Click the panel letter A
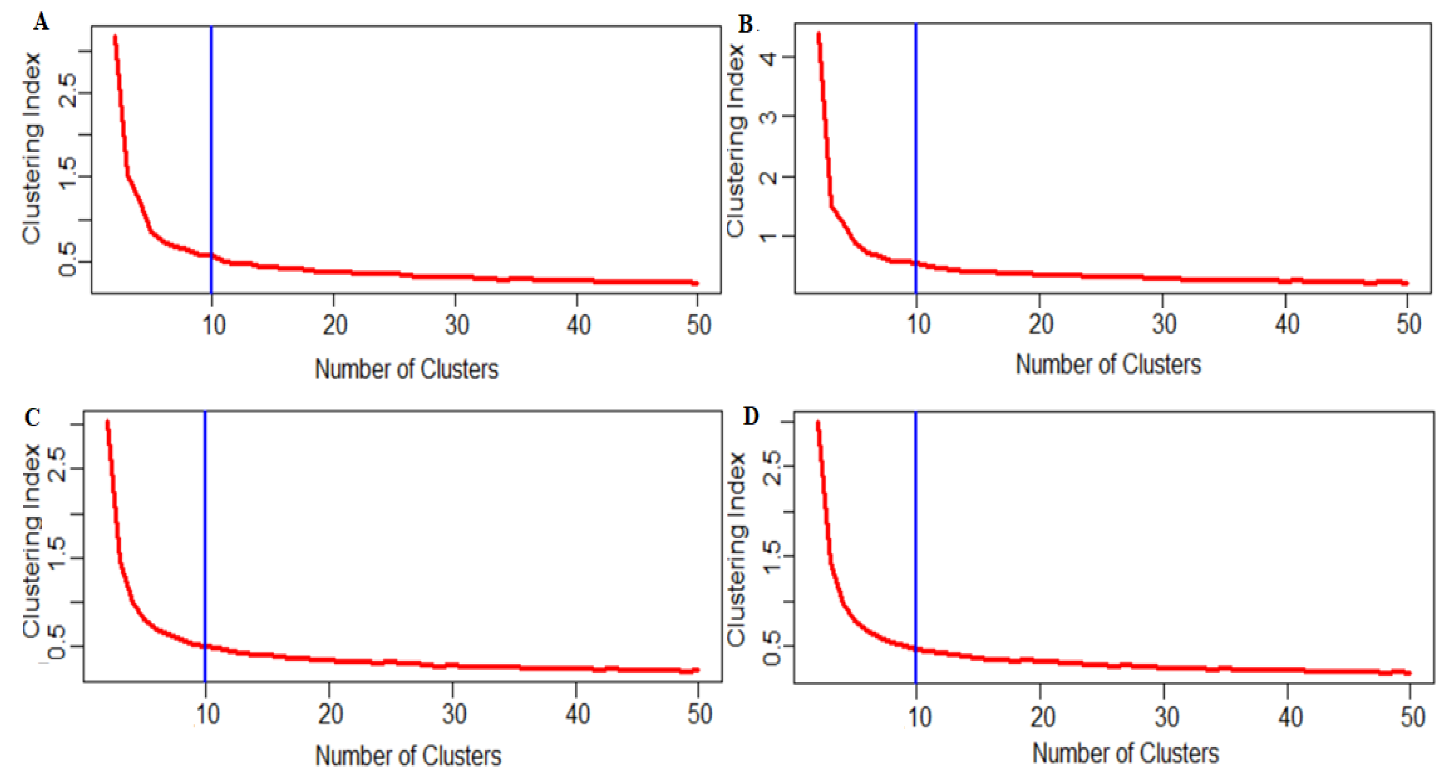(41, 23)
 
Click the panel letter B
(745, 25)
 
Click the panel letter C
(32, 417)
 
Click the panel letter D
(751, 416)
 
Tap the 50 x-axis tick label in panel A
(699, 325)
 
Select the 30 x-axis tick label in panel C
(454, 714)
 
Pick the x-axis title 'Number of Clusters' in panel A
(406, 369)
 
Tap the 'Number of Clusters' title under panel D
(1125, 753)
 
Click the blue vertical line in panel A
(211, 141)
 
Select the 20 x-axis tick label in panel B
(1040, 324)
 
